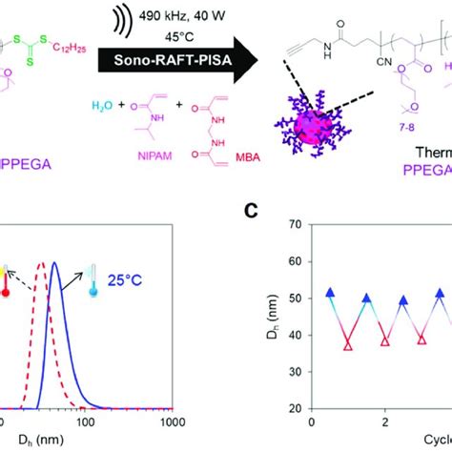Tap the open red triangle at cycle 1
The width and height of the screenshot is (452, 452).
coord(349,344)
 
